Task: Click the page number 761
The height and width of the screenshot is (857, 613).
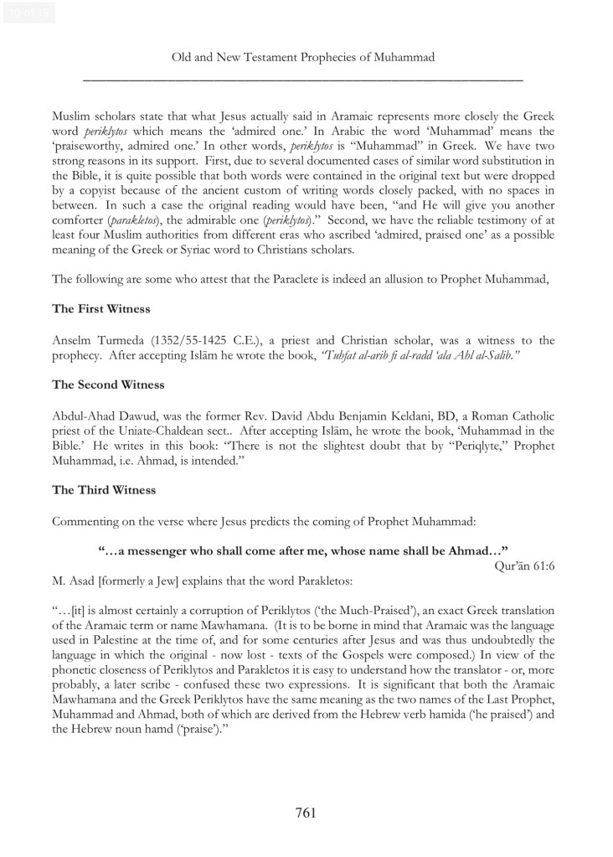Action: coord(306,812)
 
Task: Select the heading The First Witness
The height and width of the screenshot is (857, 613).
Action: coord(101,309)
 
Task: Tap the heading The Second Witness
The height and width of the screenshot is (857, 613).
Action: coord(108,385)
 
